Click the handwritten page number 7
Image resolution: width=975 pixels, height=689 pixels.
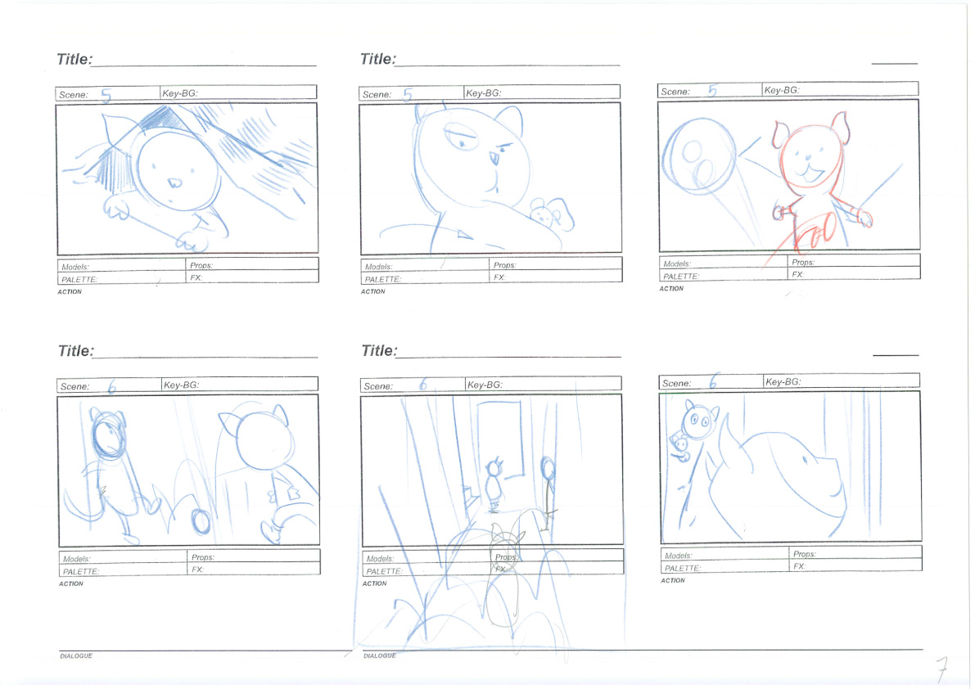pyautogui.click(x=942, y=669)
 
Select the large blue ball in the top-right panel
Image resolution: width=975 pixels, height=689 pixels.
pyautogui.click(x=698, y=155)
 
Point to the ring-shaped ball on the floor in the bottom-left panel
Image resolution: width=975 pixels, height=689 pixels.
pyautogui.click(x=201, y=521)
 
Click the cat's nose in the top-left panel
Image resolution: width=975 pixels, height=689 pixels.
pyautogui.click(x=174, y=183)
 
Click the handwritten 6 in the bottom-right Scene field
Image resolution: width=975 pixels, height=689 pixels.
pyautogui.click(x=712, y=381)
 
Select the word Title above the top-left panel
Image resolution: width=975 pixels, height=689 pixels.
pyautogui.click(x=74, y=59)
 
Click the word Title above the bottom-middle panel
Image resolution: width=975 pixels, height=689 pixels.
pyautogui.click(x=379, y=351)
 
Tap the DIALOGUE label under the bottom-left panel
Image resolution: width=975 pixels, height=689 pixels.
pyautogui.click(x=76, y=655)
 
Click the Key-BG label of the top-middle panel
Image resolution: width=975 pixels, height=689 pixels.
pyautogui.click(x=483, y=93)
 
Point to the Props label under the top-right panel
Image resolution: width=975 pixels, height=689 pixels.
pyautogui.click(x=803, y=262)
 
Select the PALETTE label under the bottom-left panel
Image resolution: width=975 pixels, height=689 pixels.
pyautogui.click(x=80, y=572)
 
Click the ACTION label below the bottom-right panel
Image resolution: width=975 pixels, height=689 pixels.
pyautogui.click(x=673, y=580)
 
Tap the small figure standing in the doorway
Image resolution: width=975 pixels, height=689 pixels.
pyautogui.click(x=494, y=484)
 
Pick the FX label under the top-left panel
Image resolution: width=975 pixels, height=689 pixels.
pyautogui.click(x=196, y=277)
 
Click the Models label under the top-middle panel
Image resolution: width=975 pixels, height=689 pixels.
pyautogui.click(x=379, y=267)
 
